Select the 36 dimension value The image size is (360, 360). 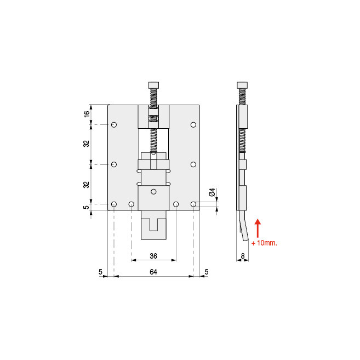[x=153, y=255]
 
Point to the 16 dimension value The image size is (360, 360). [x=87, y=115]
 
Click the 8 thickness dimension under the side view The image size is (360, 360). [x=242, y=255]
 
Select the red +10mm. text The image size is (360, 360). [x=264, y=242]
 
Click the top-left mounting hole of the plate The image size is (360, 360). [x=113, y=125]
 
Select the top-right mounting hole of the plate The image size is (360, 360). [x=193, y=125]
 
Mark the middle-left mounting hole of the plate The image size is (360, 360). [x=113, y=164]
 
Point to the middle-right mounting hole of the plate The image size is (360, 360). [x=193, y=164]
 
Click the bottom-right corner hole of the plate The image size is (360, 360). [x=193, y=204]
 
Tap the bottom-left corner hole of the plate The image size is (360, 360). [x=113, y=204]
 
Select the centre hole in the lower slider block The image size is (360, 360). [x=153, y=191]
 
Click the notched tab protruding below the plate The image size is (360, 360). [x=153, y=227]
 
